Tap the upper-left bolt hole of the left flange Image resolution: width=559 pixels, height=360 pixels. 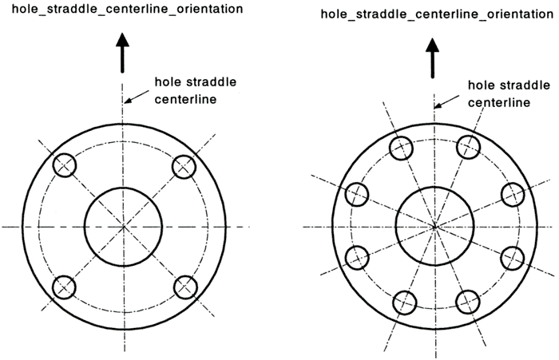point(64,166)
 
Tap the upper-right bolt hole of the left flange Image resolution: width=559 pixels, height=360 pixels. point(184,166)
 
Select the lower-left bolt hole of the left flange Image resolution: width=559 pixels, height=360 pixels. point(64,287)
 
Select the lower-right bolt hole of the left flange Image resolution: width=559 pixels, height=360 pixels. point(184,287)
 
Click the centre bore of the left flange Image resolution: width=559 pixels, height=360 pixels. point(125,227)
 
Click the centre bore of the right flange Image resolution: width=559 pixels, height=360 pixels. point(434,227)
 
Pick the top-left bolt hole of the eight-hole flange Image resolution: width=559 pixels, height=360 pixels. point(401,148)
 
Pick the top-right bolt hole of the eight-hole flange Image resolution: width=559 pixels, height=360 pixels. point(468,148)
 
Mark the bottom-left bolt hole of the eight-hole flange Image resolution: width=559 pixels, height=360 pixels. point(406,303)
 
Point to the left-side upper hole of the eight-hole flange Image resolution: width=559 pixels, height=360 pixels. point(356,193)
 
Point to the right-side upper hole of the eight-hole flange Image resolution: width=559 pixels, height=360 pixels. point(512,193)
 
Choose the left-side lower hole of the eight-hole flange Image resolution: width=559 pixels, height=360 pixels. point(357,258)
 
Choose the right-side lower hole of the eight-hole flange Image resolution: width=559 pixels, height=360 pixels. point(513,258)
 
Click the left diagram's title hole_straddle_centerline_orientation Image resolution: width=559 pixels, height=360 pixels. point(122,10)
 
